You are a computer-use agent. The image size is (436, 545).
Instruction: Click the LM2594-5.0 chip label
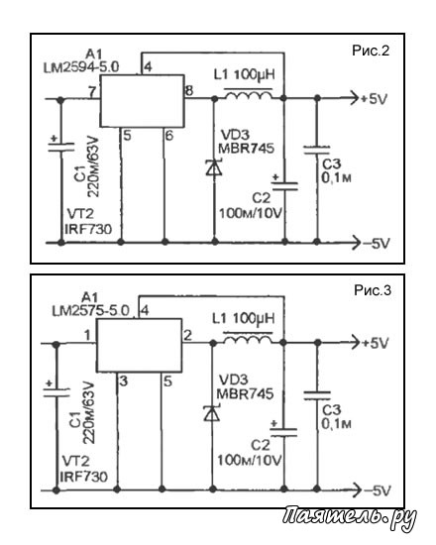pyautogui.click(x=81, y=67)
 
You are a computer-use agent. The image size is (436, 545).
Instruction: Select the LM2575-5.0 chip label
pyautogui.click(x=91, y=310)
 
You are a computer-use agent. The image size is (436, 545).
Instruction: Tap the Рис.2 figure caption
pyautogui.click(x=371, y=51)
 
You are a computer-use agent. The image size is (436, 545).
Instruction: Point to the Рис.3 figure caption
pyautogui.click(x=373, y=290)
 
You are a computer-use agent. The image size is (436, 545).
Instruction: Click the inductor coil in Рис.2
pyautogui.click(x=248, y=94)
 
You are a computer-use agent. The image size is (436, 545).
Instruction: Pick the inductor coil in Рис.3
pyautogui.click(x=248, y=338)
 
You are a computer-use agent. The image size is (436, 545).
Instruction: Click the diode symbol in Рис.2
pyautogui.click(x=213, y=167)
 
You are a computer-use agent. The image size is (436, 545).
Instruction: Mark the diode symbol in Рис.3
pyautogui.click(x=212, y=413)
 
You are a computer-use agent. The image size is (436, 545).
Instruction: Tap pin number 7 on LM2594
pyautogui.click(x=91, y=92)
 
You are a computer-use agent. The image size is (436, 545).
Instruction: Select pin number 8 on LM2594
pyautogui.click(x=189, y=91)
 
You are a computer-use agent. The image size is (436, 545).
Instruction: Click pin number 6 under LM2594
pyautogui.click(x=169, y=136)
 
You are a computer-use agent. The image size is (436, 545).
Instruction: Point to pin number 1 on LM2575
pyautogui.click(x=87, y=335)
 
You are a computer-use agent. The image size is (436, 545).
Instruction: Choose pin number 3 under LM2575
pyautogui.click(x=124, y=381)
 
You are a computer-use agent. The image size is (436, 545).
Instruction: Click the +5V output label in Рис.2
pyautogui.click(x=375, y=99)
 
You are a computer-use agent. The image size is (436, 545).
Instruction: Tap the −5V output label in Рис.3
pyautogui.click(x=377, y=490)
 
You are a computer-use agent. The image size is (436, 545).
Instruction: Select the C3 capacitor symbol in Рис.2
pyautogui.click(x=316, y=150)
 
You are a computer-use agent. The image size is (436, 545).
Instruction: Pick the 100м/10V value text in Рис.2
pyautogui.click(x=250, y=213)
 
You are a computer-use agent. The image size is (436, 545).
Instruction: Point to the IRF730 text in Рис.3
pyautogui.click(x=83, y=477)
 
